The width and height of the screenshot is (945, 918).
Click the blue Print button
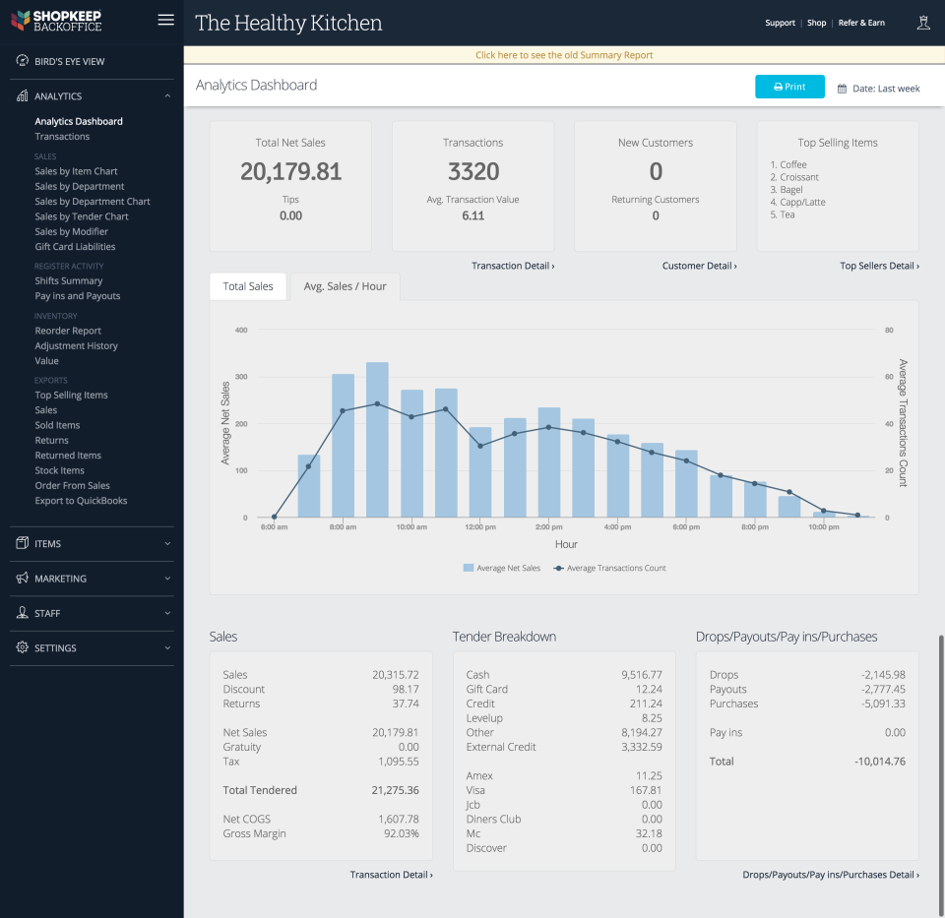tap(789, 87)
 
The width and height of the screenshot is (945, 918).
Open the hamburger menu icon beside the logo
tap(166, 21)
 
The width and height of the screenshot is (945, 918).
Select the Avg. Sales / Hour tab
tap(345, 286)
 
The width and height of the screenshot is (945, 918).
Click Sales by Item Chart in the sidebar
tap(76, 171)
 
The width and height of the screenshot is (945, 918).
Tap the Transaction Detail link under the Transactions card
tap(512, 266)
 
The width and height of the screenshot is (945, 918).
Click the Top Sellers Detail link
tap(879, 266)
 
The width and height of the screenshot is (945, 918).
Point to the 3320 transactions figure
tap(473, 172)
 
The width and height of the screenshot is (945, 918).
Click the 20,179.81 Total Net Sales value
tap(290, 172)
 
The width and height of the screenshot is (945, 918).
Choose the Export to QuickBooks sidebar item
tap(81, 501)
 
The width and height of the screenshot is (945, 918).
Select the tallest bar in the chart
tap(377, 439)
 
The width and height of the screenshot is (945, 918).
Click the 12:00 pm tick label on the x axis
tap(480, 527)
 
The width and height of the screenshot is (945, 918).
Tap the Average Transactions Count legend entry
tap(609, 568)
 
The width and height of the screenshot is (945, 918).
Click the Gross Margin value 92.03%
tap(399, 833)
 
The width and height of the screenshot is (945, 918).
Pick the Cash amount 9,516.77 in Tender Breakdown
tap(642, 675)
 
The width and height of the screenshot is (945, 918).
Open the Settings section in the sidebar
tap(55, 648)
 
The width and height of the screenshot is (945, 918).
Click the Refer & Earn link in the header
tap(861, 23)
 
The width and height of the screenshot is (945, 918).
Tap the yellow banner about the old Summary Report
tap(564, 55)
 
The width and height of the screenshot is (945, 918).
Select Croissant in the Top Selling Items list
tap(798, 177)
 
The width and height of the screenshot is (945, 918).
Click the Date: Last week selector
tap(879, 89)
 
